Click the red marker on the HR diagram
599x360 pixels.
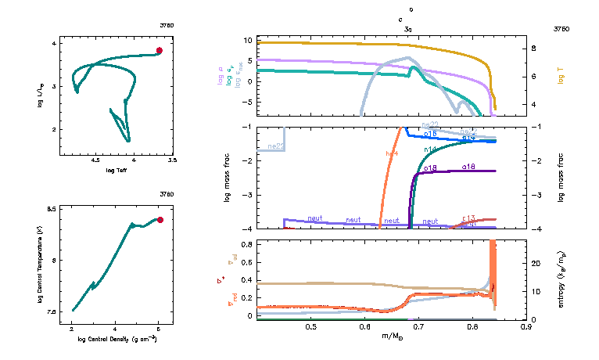(159, 50)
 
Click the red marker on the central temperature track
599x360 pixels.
(160, 220)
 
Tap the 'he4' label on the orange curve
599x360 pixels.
(392, 153)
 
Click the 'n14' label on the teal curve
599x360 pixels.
(430, 149)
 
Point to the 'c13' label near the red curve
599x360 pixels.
(469, 218)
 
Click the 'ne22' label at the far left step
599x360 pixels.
(275, 146)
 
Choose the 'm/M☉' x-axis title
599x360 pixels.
(393, 336)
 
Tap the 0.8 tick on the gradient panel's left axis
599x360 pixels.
(247, 244)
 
